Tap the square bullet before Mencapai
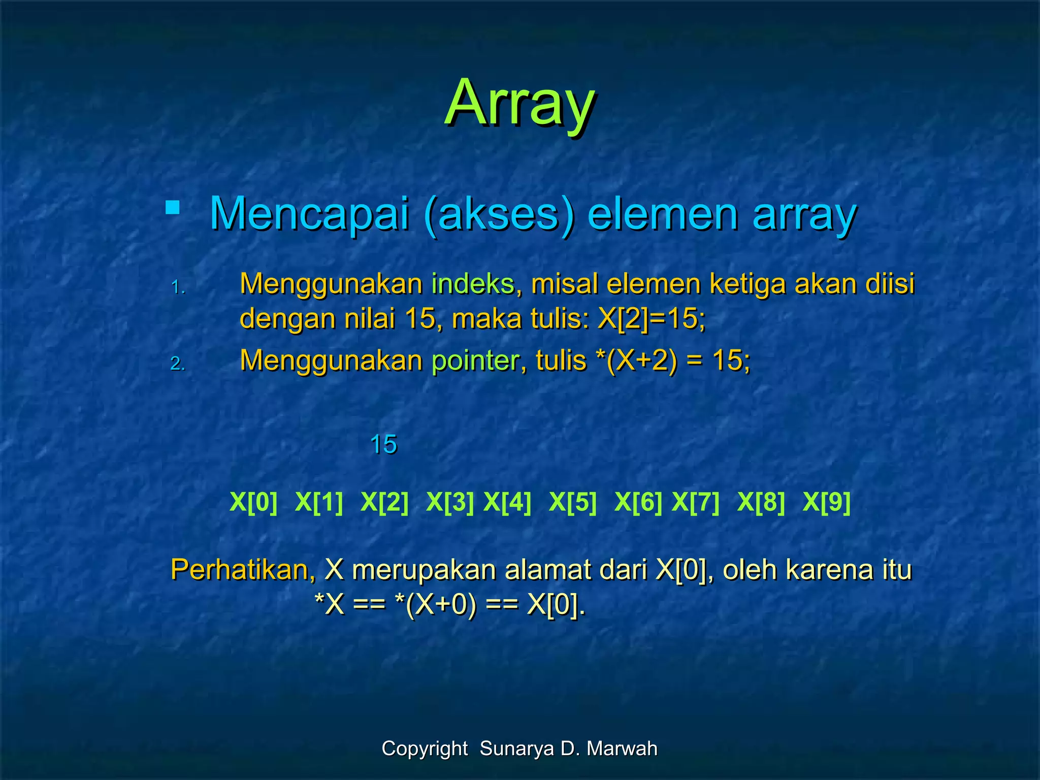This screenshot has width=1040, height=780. click(173, 208)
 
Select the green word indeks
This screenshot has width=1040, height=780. click(473, 284)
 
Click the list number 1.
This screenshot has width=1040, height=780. click(178, 288)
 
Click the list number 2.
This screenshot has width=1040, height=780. click(178, 364)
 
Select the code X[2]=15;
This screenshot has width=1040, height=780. click(652, 319)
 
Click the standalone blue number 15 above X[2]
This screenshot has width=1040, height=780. click(383, 445)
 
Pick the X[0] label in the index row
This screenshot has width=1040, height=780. click(253, 502)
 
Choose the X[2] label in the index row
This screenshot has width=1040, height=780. click(384, 502)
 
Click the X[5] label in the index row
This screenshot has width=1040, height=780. click(573, 502)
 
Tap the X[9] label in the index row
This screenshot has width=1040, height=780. click(826, 502)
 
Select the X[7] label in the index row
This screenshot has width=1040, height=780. click(695, 502)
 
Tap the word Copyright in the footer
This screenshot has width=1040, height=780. click(425, 749)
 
